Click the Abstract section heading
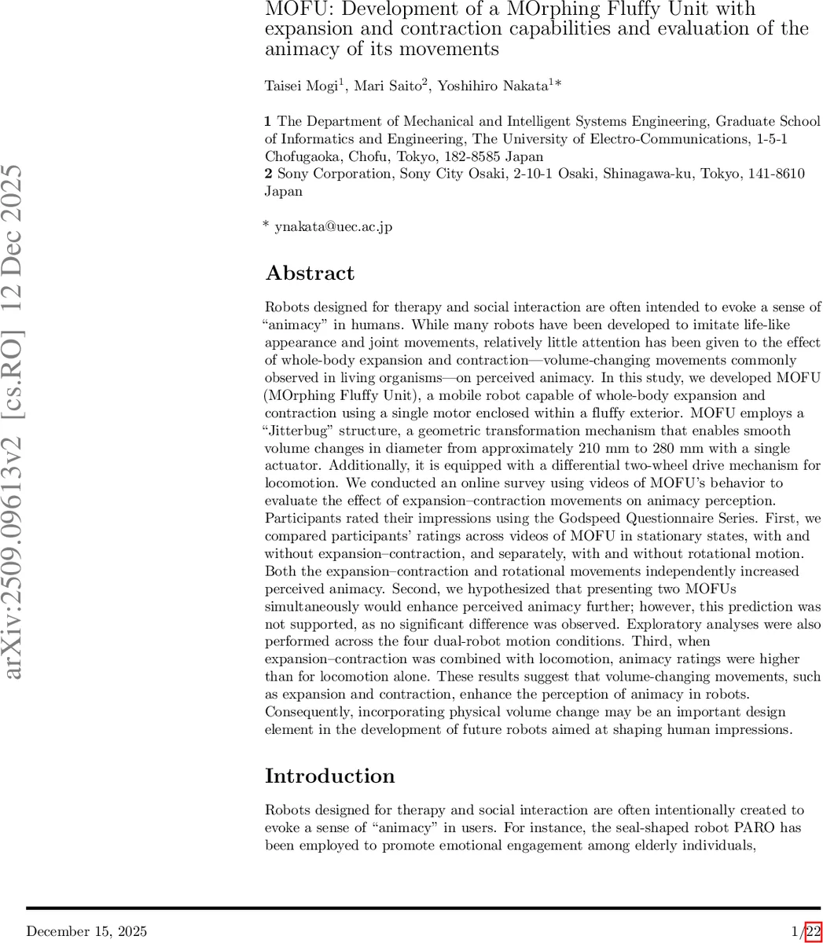(x=310, y=273)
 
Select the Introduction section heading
(x=329, y=776)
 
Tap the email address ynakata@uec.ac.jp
(x=333, y=227)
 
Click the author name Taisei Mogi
(x=301, y=86)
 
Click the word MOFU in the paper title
(x=292, y=9)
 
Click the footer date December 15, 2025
(x=86, y=932)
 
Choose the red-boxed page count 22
(x=813, y=932)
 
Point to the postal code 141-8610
(x=778, y=174)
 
